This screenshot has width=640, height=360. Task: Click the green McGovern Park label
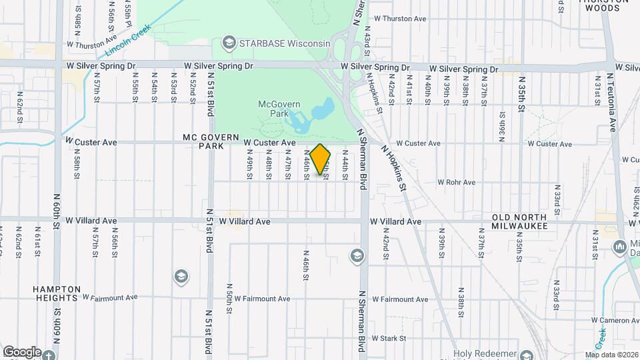(279, 109)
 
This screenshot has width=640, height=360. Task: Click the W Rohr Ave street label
(456, 182)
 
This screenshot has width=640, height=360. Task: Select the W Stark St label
(389, 339)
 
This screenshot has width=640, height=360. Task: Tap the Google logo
(22, 352)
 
